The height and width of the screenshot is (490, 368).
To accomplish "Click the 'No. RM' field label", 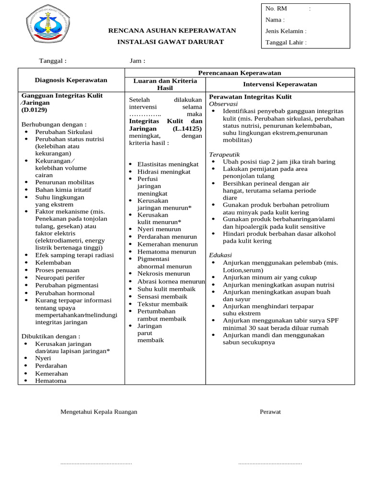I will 276,9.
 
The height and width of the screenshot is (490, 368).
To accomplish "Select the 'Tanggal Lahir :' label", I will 286,43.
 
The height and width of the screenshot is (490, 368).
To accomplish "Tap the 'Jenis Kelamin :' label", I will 286,31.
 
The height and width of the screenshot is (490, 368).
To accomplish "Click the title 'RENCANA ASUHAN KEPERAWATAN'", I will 172,31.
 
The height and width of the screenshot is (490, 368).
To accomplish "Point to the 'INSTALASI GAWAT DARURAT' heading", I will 171,42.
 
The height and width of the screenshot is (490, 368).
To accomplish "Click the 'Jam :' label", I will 138,61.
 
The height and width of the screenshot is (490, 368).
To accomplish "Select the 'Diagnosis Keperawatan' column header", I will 71,80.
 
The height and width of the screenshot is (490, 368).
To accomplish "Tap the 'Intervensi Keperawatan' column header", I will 280,84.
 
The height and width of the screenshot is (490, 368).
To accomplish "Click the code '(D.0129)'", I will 34,110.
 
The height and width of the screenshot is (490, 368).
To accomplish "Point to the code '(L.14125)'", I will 187,129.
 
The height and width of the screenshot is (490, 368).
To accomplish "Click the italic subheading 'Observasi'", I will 223,104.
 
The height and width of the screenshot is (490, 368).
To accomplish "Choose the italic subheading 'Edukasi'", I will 220,255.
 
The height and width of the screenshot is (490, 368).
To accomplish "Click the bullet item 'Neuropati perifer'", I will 60,278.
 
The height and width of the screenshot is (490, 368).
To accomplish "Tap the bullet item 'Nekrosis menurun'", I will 163,274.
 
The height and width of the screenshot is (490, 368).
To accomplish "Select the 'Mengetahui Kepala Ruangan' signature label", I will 99,412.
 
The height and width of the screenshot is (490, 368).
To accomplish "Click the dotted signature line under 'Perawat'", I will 270,463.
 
